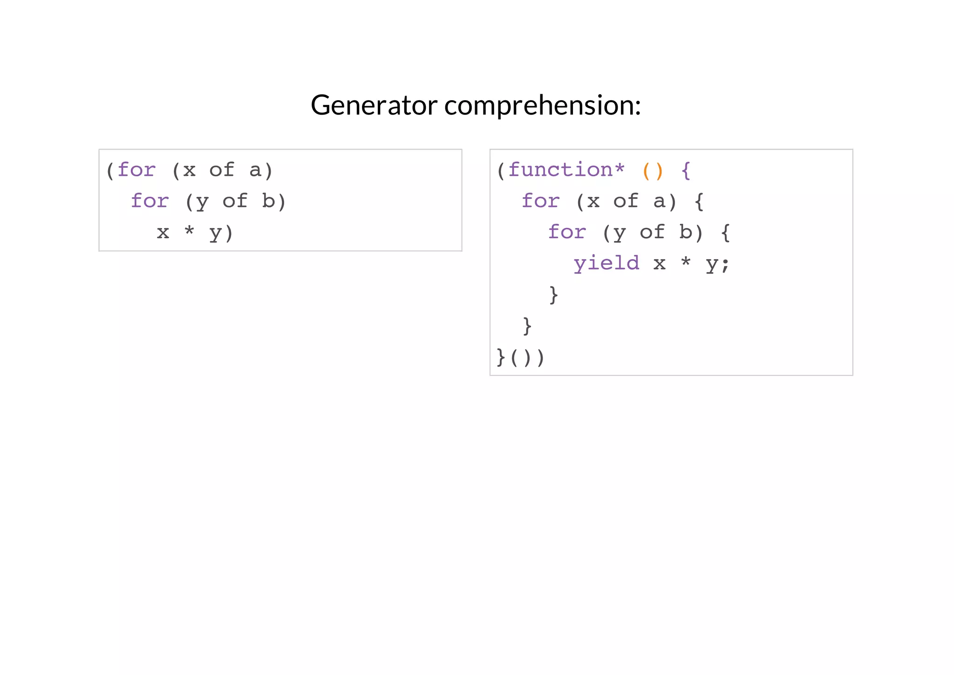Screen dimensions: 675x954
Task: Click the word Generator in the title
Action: (374, 105)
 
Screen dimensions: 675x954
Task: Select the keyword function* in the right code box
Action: (566, 170)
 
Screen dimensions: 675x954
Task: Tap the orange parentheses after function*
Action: (653, 171)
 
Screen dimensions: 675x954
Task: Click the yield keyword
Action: (606, 263)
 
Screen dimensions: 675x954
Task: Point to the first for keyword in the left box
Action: (136, 170)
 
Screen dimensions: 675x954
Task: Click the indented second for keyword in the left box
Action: (150, 201)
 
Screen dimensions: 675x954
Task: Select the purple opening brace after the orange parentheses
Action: (686, 171)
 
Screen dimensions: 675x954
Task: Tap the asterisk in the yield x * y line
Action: (686, 262)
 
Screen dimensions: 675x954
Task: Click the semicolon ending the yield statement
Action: (725, 264)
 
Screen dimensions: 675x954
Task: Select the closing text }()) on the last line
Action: (520, 358)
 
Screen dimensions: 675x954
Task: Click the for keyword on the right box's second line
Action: (540, 201)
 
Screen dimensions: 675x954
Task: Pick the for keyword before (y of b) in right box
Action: (566, 232)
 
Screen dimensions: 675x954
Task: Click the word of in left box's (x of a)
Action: (221, 170)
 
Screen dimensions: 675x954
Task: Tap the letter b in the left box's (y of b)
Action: (268, 201)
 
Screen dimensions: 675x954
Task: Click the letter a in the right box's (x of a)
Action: (659, 201)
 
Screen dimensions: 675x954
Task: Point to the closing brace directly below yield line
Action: (553, 295)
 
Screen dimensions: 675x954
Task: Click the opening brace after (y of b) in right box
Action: (725, 232)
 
